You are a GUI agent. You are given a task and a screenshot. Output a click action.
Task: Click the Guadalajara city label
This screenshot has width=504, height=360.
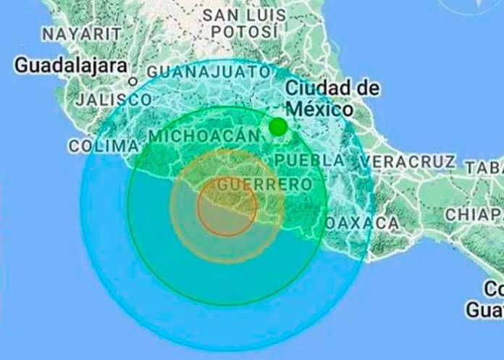coord(71,65)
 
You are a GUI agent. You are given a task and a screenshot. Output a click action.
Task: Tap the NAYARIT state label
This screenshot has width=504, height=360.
coord(81,34)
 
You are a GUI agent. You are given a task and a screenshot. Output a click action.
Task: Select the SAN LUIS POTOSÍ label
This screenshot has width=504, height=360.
coord(244,23)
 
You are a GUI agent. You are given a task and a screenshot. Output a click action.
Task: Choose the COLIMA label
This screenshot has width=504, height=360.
coord(104,146)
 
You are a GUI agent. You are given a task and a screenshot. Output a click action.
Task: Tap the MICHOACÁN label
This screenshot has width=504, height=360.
coord(203,135)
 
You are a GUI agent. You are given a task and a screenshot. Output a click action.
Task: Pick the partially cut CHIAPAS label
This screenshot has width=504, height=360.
coord(474,214)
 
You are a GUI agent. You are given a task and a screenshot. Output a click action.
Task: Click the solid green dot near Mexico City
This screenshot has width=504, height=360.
coord(278,127)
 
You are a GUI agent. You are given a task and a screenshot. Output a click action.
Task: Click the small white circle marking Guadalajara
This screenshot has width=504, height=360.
coord(133,82)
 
